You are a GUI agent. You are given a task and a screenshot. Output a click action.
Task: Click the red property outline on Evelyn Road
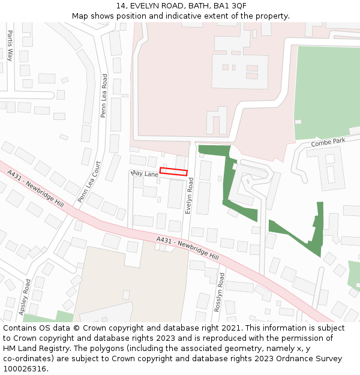click(173, 172)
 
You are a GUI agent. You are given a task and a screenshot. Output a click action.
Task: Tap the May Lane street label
click(144, 173)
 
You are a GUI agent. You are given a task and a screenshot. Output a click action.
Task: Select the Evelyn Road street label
click(189, 195)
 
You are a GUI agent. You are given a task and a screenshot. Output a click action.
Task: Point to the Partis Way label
click(10, 46)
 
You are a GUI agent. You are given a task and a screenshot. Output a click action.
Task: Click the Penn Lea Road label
click(104, 95)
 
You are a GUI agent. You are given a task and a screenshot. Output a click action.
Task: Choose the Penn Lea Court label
click(88, 182)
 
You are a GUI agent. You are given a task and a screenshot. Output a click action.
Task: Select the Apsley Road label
click(25, 298)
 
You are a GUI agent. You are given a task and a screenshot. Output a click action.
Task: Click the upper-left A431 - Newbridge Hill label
click(35, 188)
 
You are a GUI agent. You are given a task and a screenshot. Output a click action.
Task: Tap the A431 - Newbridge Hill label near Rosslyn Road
click(187, 248)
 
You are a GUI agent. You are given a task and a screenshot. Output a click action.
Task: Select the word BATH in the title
click(195, 6)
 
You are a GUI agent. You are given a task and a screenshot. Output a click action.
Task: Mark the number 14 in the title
click(121, 6)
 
